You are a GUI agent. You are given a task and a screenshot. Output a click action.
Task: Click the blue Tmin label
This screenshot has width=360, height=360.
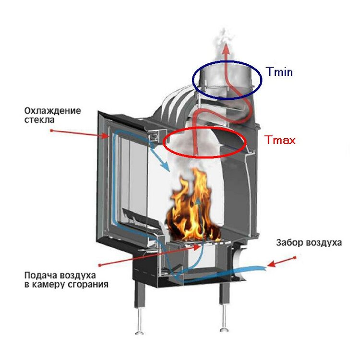(279, 72)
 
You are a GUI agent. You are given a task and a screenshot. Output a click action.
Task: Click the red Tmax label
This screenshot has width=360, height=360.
(280, 140)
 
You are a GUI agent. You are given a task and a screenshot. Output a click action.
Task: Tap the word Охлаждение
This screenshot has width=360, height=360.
(53, 111)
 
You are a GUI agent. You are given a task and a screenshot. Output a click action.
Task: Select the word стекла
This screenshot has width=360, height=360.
(39, 120)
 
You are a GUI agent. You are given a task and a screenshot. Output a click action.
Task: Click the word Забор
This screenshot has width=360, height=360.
(290, 242)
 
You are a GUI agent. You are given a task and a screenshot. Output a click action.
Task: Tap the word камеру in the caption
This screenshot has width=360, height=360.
(48, 285)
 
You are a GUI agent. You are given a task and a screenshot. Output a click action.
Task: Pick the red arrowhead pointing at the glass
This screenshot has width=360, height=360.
(105, 136)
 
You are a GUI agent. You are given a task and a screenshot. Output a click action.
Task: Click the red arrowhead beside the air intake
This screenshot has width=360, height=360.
(271, 264)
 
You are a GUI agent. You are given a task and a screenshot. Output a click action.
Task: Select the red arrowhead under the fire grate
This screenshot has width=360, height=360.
(196, 247)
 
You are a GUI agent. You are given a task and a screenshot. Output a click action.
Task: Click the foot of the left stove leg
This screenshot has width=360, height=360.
(139, 333)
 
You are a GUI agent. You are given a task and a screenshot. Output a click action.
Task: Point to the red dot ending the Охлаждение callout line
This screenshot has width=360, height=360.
(51, 131)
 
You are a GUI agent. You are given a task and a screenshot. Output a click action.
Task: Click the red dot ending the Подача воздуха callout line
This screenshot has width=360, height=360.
(100, 265)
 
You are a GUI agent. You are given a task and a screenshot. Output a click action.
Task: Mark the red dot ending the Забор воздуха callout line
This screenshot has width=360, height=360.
(295, 258)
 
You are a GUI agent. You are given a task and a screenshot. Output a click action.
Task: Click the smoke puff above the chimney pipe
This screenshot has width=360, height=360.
(224, 46)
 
